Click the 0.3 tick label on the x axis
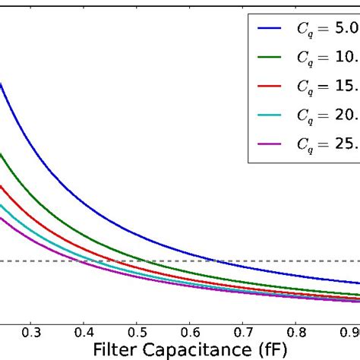coord(32,332)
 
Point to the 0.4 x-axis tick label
coord(84,332)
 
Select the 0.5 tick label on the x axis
coord(137,332)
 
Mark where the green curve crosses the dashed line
coord(143,261)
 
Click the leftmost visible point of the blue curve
coord(2,84)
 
